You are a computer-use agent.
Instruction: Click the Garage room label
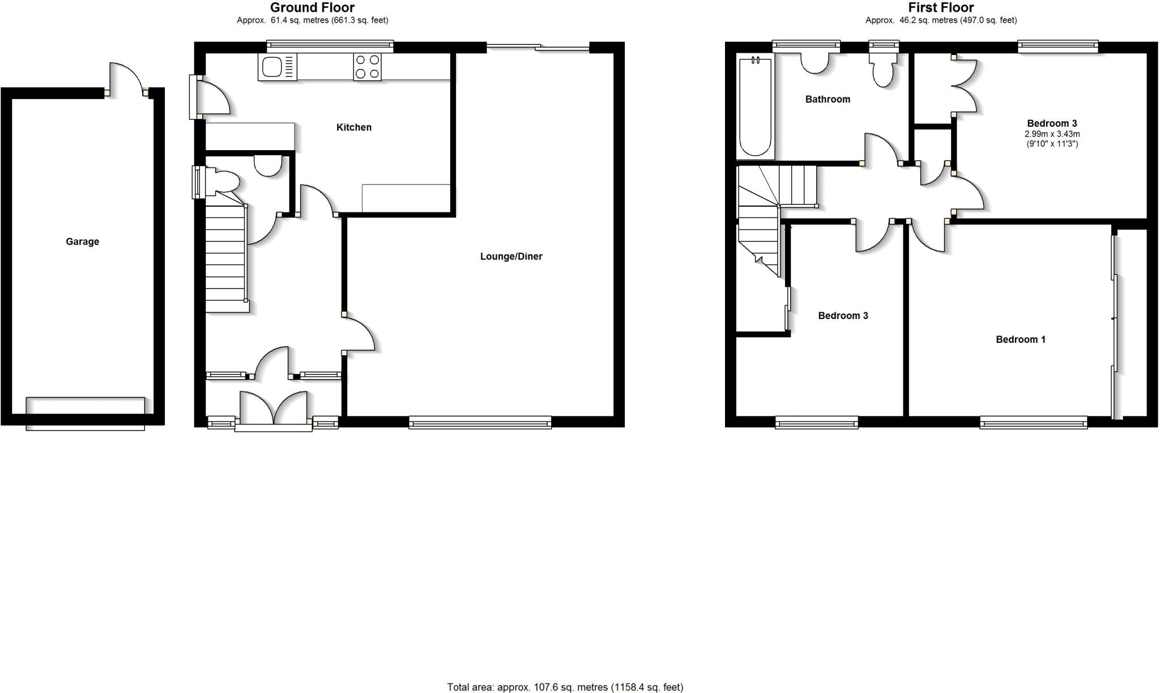coord(82,242)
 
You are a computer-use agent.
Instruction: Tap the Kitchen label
coord(354,127)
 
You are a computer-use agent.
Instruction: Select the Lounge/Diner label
coord(511,257)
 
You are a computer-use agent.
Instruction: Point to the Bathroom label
coord(828,100)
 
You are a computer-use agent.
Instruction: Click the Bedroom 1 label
coord(1021,339)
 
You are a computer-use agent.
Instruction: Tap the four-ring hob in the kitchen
coord(368,67)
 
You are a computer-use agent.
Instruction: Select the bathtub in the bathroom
coord(756,106)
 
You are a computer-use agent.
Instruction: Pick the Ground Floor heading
coord(312,7)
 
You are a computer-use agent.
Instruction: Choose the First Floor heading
coord(941,7)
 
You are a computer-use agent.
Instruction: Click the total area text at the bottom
coord(565,687)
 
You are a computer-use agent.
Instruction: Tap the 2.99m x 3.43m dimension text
coord(1052,134)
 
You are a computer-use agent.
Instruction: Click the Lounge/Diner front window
coord(480,422)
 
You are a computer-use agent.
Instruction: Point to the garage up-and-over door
coord(85,413)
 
